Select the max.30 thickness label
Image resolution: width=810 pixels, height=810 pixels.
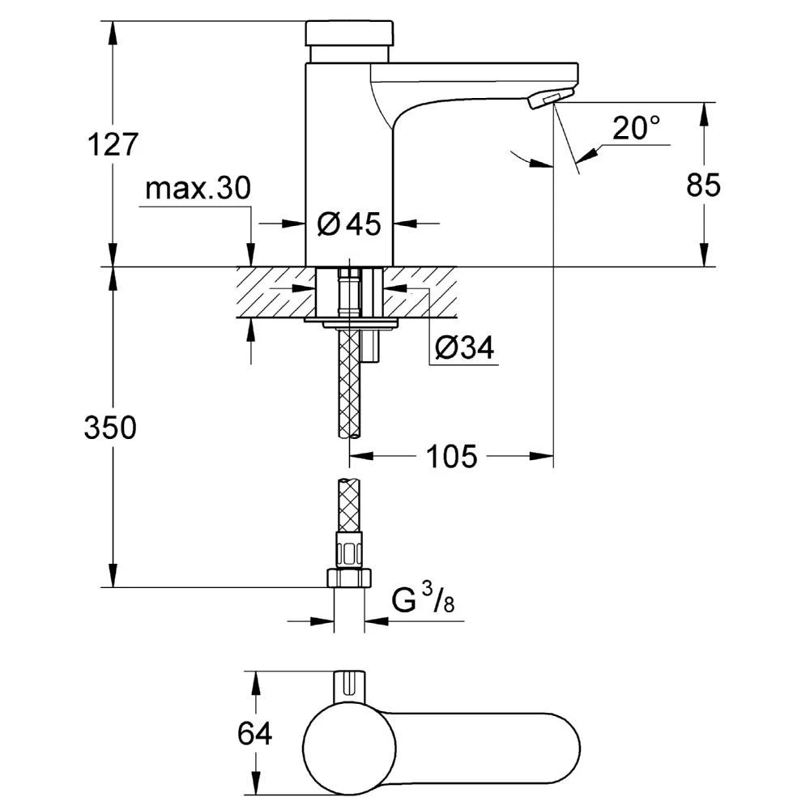coord(198,190)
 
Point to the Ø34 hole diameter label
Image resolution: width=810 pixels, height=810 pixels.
coord(465,348)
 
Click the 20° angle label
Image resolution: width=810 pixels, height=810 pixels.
coord(636,127)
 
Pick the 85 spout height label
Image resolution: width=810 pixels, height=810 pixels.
coord(703,185)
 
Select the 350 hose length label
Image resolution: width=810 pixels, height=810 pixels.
coord(110,428)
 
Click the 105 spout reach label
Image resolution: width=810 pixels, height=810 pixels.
coord(451,457)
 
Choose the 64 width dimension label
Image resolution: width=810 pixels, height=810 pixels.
coord(255,735)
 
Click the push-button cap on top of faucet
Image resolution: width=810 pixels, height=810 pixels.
coord(349,33)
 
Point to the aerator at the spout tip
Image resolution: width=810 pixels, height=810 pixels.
coord(542,100)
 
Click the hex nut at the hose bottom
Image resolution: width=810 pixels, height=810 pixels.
coord(349,578)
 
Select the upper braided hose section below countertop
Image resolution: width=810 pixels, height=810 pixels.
coord(349,381)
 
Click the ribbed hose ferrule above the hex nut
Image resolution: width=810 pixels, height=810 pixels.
coord(349,552)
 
